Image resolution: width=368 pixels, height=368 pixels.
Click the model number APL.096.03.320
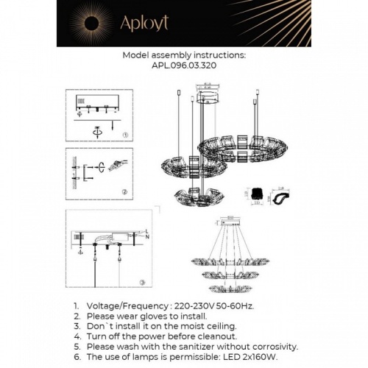point(184,65)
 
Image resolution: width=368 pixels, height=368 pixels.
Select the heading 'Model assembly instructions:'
point(184,55)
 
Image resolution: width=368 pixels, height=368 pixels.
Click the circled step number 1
point(125,136)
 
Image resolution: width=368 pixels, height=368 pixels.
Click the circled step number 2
point(125,193)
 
